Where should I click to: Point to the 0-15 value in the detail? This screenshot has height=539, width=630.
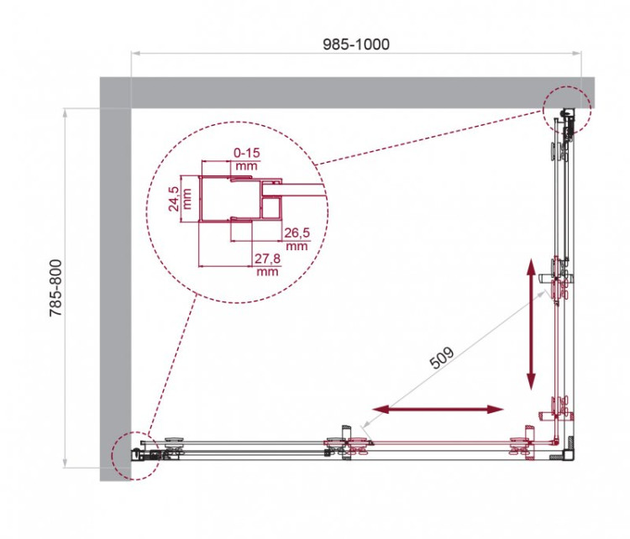(246, 154)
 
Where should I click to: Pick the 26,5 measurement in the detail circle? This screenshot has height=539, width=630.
(296, 233)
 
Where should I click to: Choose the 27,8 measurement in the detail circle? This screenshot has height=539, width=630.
(266, 260)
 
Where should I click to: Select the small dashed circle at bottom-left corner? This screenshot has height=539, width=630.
(135, 456)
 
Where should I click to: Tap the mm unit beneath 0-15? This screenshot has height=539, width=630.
(246, 166)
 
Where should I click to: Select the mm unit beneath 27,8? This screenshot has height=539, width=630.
(266, 273)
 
